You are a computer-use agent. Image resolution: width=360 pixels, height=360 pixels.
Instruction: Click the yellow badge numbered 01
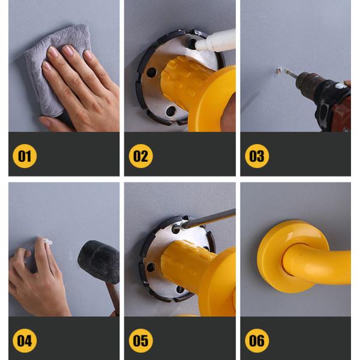pos(25,156)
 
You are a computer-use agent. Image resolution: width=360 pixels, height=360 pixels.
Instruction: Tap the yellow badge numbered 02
pos(141,156)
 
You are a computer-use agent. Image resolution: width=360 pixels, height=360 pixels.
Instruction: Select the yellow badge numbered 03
pos(257,156)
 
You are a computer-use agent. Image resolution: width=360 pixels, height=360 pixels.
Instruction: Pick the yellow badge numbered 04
pos(25,340)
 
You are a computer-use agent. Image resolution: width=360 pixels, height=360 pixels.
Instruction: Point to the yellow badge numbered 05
pos(141,340)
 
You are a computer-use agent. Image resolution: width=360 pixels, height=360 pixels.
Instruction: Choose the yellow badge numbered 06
pos(257,340)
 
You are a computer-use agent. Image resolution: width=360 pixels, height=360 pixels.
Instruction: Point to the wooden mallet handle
pos(113,298)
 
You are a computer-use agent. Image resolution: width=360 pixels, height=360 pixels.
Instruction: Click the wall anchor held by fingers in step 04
pos(48,242)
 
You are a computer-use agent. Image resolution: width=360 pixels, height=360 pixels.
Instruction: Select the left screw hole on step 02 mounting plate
pos(151,73)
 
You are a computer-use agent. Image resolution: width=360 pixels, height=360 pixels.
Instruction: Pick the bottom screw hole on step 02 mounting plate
pos(171,111)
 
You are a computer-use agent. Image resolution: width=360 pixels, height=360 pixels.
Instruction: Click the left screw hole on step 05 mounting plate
pos(151,268)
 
